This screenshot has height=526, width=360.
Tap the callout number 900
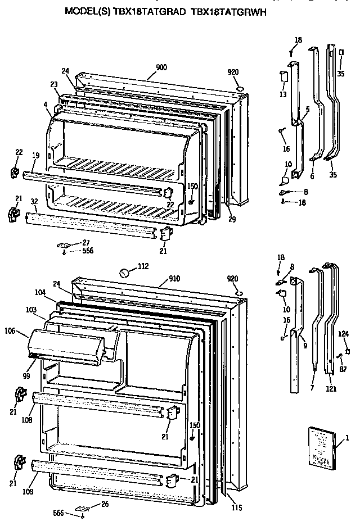tap(161, 67)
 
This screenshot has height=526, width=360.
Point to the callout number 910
tap(176, 278)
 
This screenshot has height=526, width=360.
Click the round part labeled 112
tap(125, 273)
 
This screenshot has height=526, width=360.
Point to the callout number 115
tap(236, 507)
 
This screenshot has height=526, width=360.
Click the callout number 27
tap(85, 242)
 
